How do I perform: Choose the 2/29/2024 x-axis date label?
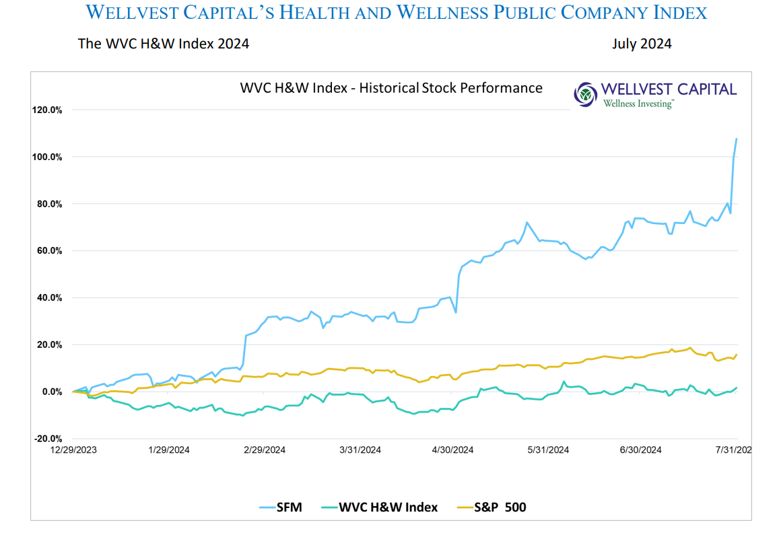point(265,450)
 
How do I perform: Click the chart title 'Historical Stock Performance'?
point(391,88)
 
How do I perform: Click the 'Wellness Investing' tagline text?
point(638,104)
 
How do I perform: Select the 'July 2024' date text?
point(641,44)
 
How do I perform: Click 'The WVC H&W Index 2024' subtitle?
point(164,44)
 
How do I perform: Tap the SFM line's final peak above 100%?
point(737,139)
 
